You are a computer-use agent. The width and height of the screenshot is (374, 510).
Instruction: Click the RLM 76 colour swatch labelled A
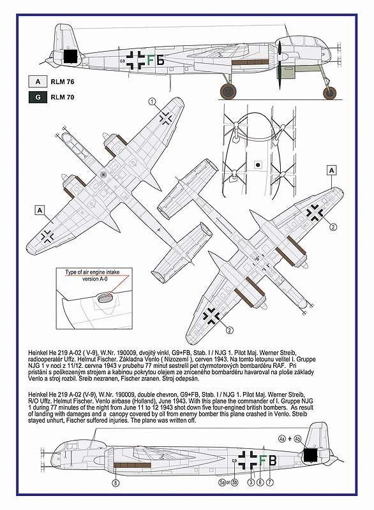pyautogui.click(x=38, y=82)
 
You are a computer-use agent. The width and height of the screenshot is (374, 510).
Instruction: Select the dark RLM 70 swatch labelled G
pyautogui.click(x=38, y=97)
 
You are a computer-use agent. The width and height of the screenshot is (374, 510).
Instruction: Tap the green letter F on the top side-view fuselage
pyautogui.click(x=151, y=61)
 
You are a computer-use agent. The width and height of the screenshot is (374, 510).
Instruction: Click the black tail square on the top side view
pyautogui.click(x=71, y=56)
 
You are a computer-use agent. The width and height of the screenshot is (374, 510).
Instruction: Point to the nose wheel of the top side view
pyautogui.click(x=329, y=93)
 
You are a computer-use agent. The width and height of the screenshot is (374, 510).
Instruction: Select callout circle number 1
pyautogui.click(x=152, y=102)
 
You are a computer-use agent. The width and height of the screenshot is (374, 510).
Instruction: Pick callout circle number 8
pyautogui.click(x=116, y=483)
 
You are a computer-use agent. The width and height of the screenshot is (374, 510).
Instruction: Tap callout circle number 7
pyautogui.click(x=269, y=483)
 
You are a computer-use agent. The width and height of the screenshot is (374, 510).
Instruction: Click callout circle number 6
pyautogui.click(x=260, y=483)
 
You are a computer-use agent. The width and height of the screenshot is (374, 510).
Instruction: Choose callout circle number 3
pyautogui.click(x=251, y=483)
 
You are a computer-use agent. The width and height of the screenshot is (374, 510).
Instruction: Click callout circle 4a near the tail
pyautogui.click(x=282, y=439)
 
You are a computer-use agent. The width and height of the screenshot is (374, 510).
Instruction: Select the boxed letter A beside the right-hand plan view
pyautogui.click(x=332, y=170)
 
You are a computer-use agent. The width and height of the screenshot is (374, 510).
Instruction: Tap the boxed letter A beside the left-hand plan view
pyautogui.click(x=40, y=210)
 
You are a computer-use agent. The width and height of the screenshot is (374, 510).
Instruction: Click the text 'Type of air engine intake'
pyautogui.click(x=92, y=272)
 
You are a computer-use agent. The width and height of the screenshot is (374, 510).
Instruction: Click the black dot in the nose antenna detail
pyautogui.click(x=257, y=165)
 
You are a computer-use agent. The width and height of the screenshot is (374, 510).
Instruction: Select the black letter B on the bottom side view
pyautogui.click(x=273, y=460)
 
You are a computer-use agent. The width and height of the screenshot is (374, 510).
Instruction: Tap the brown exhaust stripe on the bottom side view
pyautogui.click(x=133, y=465)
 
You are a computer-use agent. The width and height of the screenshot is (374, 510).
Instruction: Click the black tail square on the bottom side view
pyautogui.click(x=310, y=455)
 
